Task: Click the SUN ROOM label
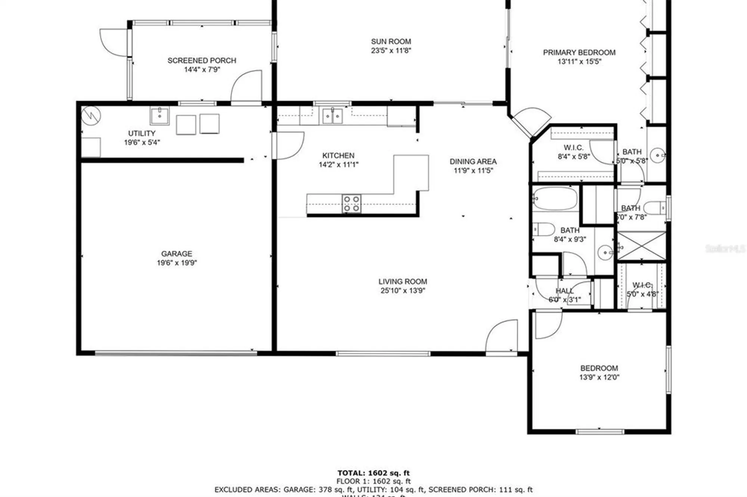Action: pos(391,41)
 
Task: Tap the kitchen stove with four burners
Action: pos(351,204)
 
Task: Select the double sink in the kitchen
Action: pos(332,116)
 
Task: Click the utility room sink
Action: pos(159,116)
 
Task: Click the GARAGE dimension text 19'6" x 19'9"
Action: pos(177,263)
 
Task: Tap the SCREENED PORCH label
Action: pos(202,60)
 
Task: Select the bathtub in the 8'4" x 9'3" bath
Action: pos(555,199)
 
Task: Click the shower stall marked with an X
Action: pos(641,246)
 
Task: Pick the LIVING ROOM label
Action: pos(403,282)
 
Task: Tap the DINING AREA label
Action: pos(473,162)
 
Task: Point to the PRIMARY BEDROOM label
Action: pos(579,53)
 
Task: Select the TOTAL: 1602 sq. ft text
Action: pos(373,473)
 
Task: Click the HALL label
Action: pos(564,291)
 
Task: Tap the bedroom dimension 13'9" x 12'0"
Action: pos(599,377)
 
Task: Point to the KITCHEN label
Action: pos(338,156)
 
